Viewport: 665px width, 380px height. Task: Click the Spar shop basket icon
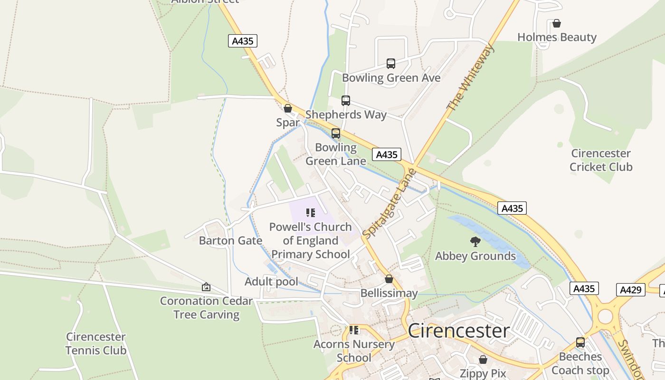(287, 108)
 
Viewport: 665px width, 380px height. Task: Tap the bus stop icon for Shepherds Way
(346, 101)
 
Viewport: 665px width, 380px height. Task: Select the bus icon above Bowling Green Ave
(390, 64)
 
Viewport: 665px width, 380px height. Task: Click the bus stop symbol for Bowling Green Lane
(336, 133)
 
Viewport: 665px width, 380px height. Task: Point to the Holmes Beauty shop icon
(557, 23)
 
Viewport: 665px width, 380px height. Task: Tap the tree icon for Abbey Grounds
(475, 242)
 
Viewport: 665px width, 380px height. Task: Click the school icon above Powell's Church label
(311, 213)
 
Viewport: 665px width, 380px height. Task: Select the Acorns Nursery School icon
(354, 330)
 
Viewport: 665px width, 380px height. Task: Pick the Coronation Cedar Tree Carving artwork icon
(206, 287)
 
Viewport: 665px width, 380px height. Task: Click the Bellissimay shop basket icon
(389, 279)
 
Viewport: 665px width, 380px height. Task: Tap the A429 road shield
(631, 290)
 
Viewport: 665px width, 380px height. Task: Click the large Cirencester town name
(459, 331)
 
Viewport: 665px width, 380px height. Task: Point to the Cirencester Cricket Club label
(601, 160)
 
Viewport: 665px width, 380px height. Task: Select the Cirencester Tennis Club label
(96, 343)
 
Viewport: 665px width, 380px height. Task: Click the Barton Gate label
(230, 240)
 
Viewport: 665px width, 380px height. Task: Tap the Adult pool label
(271, 282)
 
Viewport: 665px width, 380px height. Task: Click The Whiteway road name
(471, 77)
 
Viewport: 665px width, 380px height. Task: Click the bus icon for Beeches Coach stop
(580, 342)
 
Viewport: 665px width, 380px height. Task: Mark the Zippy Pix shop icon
(483, 360)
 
